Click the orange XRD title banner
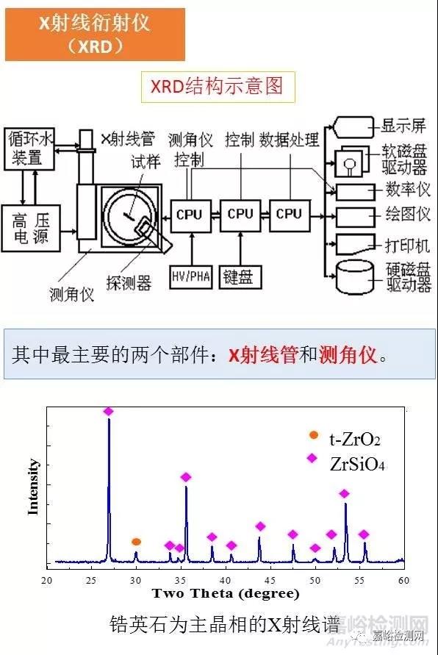click(96, 35)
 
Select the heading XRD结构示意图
click(218, 87)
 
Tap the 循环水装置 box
click(29, 149)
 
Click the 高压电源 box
click(31, 228)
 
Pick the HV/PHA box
click(191, 276)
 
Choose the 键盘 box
click(240, 276)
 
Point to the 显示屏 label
click(403, 126)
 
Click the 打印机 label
click(407, 246)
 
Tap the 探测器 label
click(129, 283)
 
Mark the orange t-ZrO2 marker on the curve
click(136, 542)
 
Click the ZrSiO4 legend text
click(357, 464)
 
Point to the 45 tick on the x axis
click(270, 580)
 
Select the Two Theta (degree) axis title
click(226, 593)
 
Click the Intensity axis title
click(32, 487)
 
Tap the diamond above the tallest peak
click(109, 412)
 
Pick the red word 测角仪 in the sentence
click(348, 356)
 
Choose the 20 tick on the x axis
click(46, 580)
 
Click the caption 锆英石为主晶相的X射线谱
click(225, 625)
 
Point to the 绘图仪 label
click(408, 215)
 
